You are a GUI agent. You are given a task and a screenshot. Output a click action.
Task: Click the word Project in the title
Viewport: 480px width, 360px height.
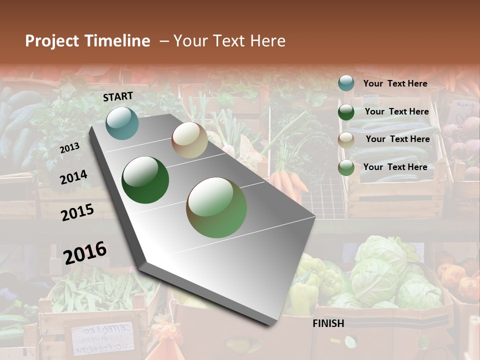click(x=52, y=41)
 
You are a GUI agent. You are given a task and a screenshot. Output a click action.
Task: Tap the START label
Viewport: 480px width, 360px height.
click(x=118, y=96)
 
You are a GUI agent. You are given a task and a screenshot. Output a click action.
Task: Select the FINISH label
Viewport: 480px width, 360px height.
click(x=328, y=323)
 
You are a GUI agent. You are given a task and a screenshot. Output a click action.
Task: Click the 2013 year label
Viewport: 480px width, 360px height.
click(x=69, y=148)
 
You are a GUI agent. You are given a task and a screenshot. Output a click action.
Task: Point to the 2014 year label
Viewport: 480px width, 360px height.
click(x=73, y=177)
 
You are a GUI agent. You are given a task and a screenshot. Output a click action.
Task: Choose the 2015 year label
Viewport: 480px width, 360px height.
click(x=77, y=212)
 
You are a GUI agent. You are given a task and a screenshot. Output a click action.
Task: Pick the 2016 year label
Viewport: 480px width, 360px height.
click(x=85, y=252)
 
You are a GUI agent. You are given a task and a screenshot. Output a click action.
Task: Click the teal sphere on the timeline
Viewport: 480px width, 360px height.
click(x=122, y=123)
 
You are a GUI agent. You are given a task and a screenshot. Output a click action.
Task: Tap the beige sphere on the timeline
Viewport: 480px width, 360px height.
click(x=189, y=140)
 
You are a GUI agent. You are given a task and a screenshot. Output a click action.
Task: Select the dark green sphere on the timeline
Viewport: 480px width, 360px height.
click(x=145, y=180)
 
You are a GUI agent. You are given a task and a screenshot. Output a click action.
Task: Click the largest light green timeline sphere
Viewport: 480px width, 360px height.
click(x=216, y=207)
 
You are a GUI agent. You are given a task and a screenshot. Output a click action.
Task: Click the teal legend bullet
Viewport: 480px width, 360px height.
click(x=346, y=83)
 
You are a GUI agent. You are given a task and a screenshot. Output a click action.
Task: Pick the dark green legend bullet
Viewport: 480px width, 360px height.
click(x=346, y=112)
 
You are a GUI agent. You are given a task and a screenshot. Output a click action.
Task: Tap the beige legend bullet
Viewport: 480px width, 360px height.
click(x=346, y=140)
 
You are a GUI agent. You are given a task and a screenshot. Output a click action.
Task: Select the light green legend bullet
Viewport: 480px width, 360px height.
click(x=346, y=168)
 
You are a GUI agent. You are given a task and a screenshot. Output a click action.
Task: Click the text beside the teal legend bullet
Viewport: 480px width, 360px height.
click(x=395, y=83)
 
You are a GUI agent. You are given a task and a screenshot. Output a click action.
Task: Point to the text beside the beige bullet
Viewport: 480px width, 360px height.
click(x=397, y=139)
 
